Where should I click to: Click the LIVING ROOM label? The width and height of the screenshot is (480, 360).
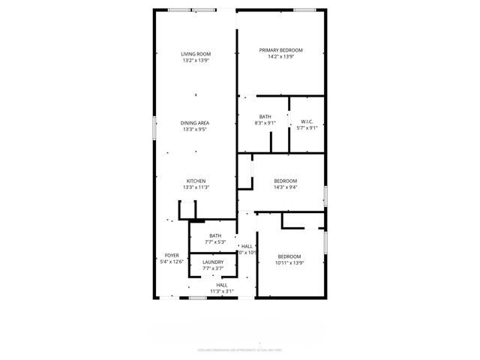(196, 54)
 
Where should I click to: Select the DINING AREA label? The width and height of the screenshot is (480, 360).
(195, 123)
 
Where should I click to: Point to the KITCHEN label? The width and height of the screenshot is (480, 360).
(196, 181)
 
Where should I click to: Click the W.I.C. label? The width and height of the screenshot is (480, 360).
(307, 121)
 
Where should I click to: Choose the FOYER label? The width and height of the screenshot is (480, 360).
(172, 256)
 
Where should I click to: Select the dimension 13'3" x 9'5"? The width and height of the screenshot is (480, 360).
(195, 129)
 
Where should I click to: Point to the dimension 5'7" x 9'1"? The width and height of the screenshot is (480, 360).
(307, 127)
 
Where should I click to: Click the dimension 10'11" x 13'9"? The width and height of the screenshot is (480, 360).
(289, 262)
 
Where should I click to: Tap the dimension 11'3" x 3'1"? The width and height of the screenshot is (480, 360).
(222, 291)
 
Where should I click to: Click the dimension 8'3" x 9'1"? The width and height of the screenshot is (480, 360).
(265, 122)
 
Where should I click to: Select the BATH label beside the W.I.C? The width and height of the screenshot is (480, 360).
(265, 116)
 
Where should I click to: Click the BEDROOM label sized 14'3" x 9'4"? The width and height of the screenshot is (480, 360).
(285, 181)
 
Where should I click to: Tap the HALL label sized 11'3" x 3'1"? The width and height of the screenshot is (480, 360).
(222, 285)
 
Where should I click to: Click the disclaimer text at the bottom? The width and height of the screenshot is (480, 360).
(240, 349)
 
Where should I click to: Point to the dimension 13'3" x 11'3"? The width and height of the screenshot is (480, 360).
(196, 187)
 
